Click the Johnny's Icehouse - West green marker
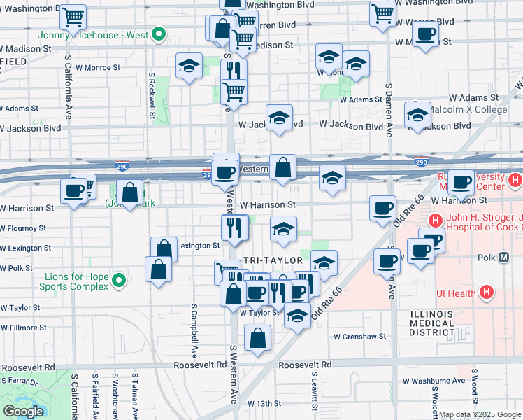[159, 34]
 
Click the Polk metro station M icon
[505, 258]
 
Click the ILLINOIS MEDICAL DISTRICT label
[432, 323]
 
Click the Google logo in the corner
[23, 412]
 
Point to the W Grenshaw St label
[360, 337]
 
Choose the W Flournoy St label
[23, 228]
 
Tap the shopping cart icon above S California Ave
[73, 16]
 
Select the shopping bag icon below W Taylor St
[259, 338]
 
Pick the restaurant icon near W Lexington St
[234, 226]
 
